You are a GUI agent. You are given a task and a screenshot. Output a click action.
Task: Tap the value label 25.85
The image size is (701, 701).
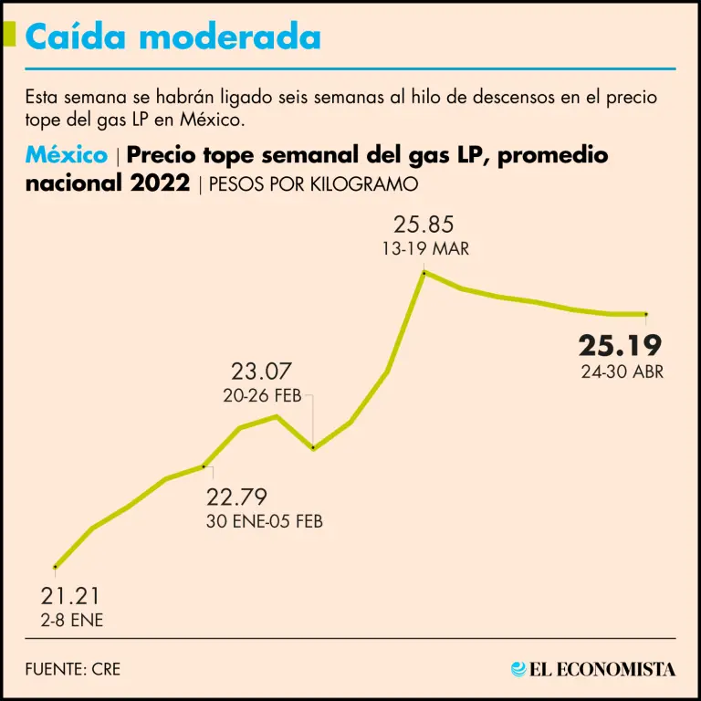coord(424,225)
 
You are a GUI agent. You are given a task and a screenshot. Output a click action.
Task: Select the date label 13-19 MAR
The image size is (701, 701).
coord(424,248)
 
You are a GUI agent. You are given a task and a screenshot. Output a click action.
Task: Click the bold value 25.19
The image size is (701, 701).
coord(620,346)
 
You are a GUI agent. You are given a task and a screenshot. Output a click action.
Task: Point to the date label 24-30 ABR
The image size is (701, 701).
coord(623,371)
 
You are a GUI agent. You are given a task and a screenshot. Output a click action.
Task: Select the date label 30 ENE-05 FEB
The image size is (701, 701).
coord(265,522)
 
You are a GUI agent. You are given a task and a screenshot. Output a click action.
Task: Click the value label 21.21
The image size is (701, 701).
coord(70,597)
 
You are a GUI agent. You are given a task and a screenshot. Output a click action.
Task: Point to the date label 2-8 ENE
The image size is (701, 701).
coord(71,621)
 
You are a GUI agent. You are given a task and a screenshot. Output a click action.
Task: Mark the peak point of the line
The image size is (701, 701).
coord(424,272)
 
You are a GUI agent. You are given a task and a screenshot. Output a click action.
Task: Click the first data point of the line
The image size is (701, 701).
coord(56,567)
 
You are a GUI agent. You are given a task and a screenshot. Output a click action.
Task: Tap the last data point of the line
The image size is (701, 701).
coord(646,314)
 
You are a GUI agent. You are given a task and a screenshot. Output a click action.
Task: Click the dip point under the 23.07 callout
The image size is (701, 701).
coord(313,447)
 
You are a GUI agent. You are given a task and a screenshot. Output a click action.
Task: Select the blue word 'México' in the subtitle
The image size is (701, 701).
coord(66,155)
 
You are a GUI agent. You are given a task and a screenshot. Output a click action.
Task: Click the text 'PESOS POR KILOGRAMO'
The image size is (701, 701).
coord(313,184)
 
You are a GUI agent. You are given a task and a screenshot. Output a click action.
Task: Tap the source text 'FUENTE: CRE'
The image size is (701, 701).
coord(73,669)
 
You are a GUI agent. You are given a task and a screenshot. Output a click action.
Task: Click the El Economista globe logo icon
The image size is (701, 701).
coord(519,669)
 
